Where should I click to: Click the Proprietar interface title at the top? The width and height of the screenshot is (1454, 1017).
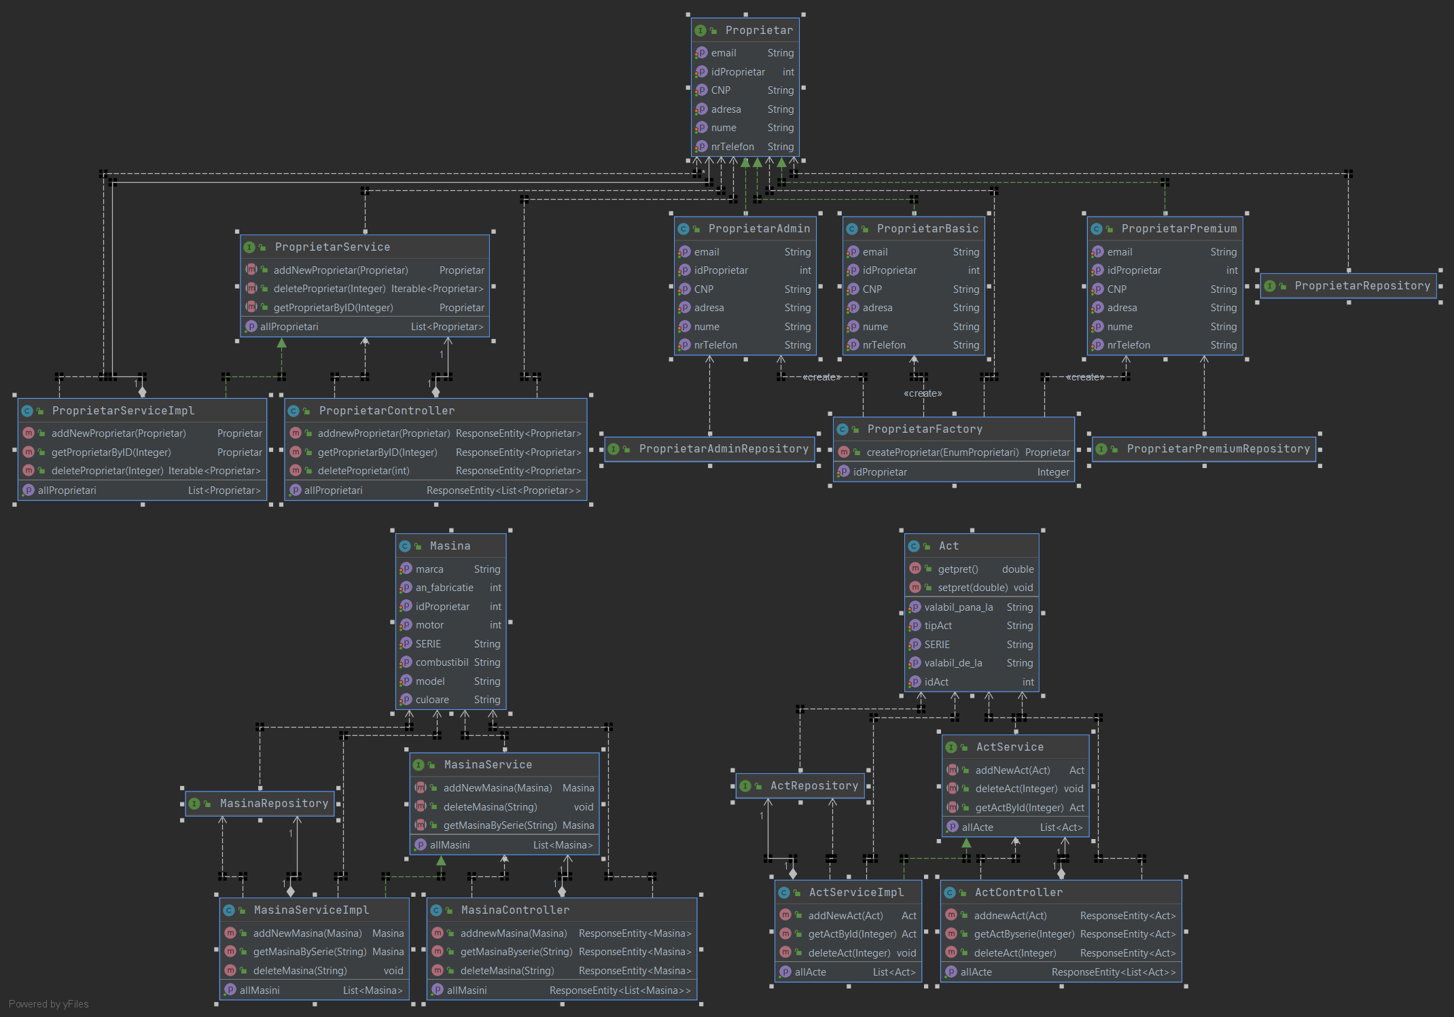pos(758,31)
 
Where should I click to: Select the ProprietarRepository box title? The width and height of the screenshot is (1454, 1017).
pos(1362,286)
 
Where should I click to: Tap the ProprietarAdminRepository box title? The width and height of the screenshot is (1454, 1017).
pos(723,449)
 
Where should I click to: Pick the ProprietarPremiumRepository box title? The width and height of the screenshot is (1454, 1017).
pos(1218,449)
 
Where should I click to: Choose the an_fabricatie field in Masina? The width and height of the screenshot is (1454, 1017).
pos(444,588)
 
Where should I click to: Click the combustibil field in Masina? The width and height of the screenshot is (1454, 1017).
pos(442,662)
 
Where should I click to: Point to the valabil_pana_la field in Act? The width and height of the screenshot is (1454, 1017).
pos(958,607)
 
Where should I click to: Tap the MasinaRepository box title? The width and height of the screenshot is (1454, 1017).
pos(274,804)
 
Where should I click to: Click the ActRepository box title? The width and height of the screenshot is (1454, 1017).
pos(813,786)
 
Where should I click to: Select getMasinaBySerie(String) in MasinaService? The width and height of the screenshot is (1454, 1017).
pos(499,825)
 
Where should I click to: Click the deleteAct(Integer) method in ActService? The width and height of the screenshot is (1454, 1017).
pos(1016,789)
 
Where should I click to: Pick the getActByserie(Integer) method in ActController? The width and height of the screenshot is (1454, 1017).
pos(1024,934)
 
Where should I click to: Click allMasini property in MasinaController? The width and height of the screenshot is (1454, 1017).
pos(467,991)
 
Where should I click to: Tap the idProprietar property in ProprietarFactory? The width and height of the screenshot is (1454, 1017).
pos(880,472)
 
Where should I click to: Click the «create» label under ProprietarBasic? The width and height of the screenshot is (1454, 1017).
pos(923,393)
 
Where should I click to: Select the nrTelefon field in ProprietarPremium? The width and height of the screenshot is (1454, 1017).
pos(1128,345)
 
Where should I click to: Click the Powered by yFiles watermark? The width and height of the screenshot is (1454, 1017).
pos(48,1004)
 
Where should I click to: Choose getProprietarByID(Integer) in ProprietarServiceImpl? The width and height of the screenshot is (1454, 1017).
pos(111,452)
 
